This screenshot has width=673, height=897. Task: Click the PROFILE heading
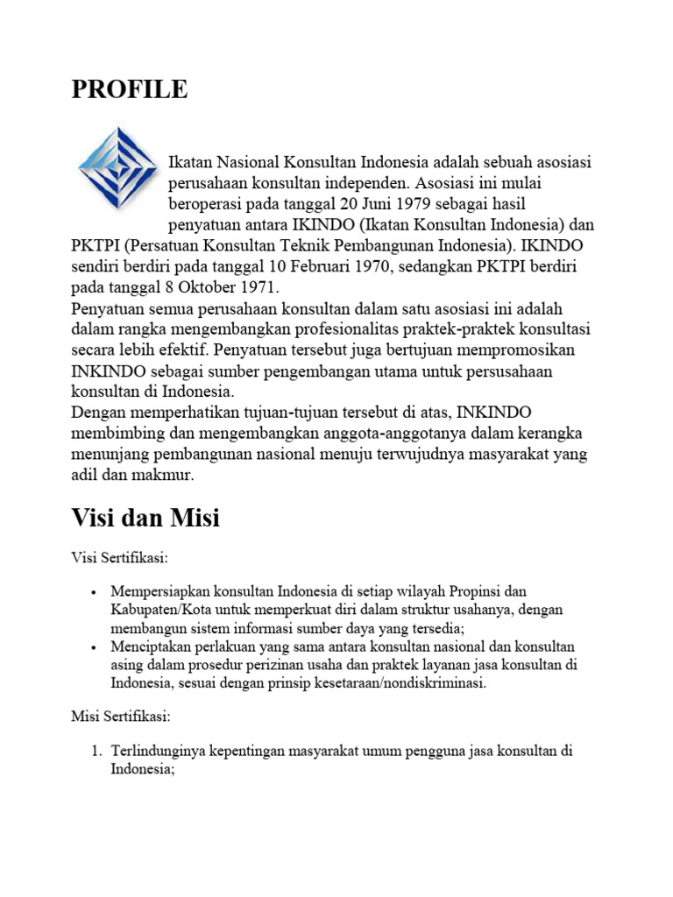(129, 89)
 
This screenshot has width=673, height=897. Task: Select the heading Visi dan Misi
(145, 518)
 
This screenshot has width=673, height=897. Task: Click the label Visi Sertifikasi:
(119, 557)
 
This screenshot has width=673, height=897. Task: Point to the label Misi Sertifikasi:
(120, 717)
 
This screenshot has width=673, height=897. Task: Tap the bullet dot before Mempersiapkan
(94, 593)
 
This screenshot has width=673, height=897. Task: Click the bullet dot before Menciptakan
(94, 646)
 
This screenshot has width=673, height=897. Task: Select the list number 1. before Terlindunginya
(95, 752)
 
